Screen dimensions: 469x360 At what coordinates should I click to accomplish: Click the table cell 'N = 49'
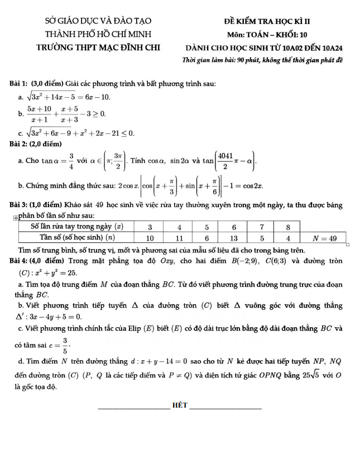324,238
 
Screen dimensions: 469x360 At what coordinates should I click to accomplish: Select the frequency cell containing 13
234,238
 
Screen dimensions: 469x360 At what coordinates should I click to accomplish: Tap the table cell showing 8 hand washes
288,227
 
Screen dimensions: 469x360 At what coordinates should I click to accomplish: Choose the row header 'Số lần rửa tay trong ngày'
76,227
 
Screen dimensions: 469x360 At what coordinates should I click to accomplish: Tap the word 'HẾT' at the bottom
180,404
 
